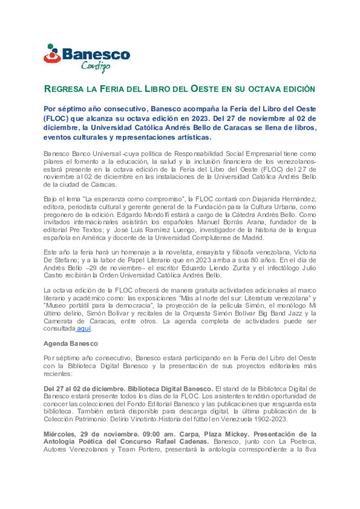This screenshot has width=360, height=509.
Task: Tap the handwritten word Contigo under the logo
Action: pos(96,66)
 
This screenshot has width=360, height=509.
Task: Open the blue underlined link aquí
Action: pos(84,329)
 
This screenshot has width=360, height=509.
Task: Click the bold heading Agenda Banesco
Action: pos(71,343)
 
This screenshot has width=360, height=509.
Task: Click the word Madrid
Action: pos(253,238)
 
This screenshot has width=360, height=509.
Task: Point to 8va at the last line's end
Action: pos(310,449)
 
